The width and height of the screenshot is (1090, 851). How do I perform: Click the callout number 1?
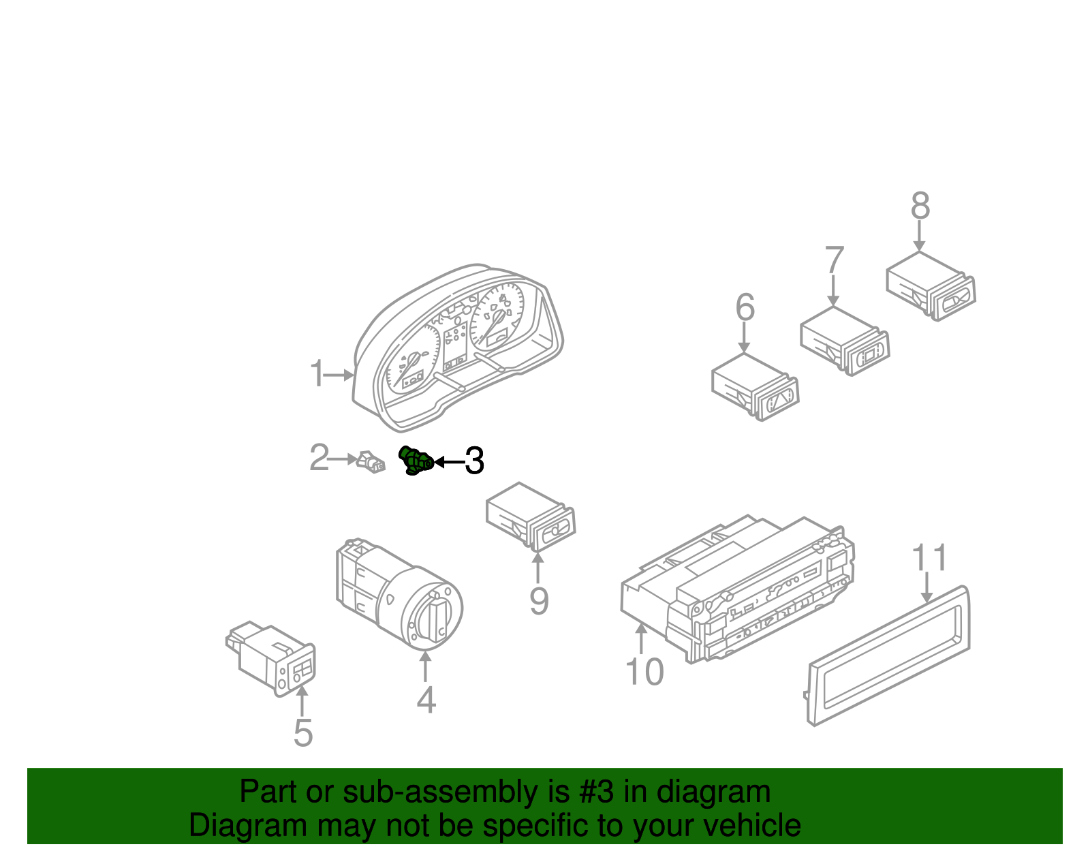[x=317, y=374]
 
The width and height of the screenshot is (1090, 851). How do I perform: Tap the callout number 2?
[x=319, y=458]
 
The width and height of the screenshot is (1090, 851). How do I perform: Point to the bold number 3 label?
[x=474, y=461]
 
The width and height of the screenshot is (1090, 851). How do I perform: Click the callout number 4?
[x=426, y=700]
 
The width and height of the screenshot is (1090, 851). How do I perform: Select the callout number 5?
[x=303, y=733]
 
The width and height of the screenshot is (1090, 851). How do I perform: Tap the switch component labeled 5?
[x=272, y=657]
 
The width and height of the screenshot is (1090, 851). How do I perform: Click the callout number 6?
[x=745, y=307]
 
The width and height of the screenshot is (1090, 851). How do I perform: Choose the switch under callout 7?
[x=845, y=341]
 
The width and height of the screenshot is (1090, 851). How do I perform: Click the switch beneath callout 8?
[x=930, y=286]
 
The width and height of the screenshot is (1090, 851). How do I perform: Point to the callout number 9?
[x=539, y=602]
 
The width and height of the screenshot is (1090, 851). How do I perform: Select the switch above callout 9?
[x=531, y=517]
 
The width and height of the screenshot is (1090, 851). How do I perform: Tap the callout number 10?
[x=644, y=672]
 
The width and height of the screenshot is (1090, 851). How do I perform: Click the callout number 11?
[x=930, y=559]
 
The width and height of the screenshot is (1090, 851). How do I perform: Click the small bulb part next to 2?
[x=371, y=462]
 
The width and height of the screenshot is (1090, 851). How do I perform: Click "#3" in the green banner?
[x=596, y=792]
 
